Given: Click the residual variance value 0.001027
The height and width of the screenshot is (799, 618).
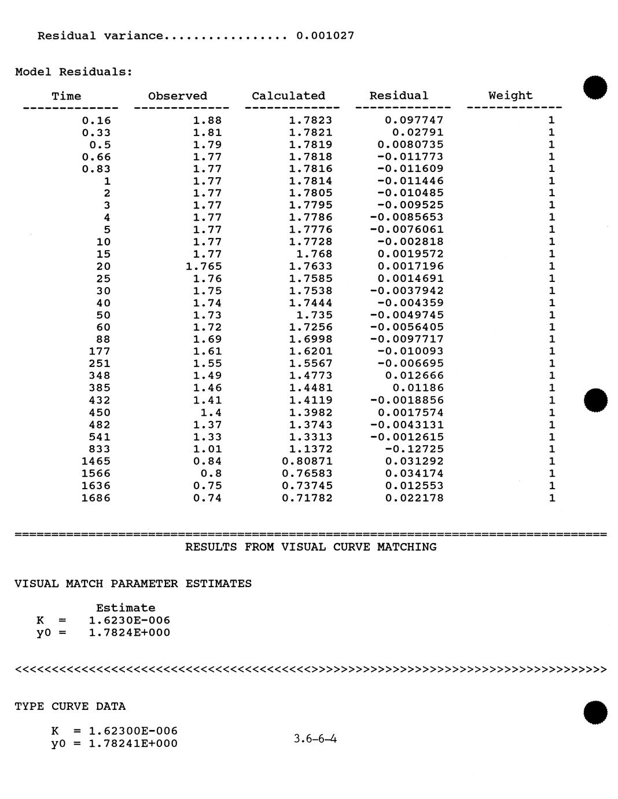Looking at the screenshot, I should click(x=325, y=36).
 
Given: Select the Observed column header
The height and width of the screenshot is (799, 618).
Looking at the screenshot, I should click(x=178, y=96).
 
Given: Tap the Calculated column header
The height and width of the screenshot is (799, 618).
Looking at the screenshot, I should click(x=288, y=96).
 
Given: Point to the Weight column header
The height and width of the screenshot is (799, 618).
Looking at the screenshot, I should click(x=510, y=96).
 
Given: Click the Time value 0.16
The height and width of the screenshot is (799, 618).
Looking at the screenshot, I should click(x=96, y=120).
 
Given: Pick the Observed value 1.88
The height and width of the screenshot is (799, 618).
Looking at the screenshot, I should click(x=207, y=120).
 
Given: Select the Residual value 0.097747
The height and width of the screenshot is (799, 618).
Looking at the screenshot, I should click(x=414, y=120).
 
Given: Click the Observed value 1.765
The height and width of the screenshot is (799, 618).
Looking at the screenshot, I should click(x=204, y=266).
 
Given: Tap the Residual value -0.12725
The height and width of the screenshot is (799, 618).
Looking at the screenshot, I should click(x=414, y=449).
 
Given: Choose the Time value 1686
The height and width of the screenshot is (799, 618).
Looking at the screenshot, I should click(x=96, y=498).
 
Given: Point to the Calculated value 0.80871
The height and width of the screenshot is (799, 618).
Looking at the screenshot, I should click(x=307, y=461).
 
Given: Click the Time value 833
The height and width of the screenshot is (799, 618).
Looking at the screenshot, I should click(x=100, y=449).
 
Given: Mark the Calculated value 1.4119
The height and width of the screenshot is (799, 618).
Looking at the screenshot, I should click(x=311, y=401).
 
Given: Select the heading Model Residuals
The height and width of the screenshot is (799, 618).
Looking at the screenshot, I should click(x=73, y=72).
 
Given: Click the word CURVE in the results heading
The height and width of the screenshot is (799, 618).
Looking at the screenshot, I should click(x=351, y=547).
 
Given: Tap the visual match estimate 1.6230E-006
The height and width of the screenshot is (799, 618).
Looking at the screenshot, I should click(x=130, y=621).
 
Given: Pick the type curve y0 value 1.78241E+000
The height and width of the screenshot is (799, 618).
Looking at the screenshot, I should click(x=133, y=743).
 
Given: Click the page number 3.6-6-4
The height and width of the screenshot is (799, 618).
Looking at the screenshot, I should click(x=315, y=739).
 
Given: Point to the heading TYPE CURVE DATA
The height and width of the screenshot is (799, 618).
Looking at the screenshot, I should click(x=70, y=706).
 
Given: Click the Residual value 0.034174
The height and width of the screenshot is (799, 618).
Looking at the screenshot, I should click(x=414, y=474).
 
